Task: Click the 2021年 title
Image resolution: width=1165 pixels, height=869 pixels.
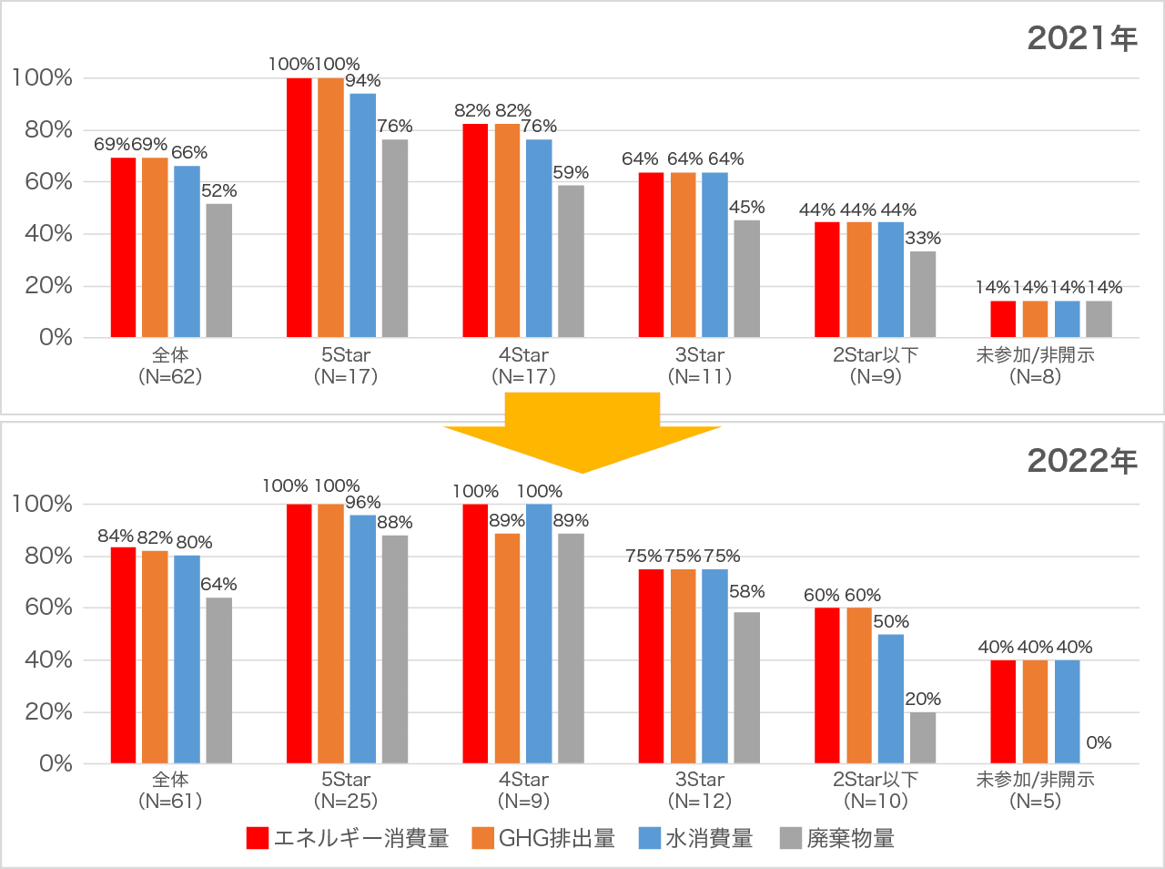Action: pyautogui.click(x=1082, y=38)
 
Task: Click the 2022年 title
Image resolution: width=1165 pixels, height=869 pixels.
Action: pyautogui.click(x=1082, y=461)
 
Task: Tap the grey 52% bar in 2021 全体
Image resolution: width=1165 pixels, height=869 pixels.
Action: pyautogui.click(x=218, y=271)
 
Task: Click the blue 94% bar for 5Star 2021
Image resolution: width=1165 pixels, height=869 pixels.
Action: pyautogui.click(x=362, y=215)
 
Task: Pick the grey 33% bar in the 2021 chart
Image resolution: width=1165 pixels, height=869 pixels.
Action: pyautogui.click(x=922, y=294)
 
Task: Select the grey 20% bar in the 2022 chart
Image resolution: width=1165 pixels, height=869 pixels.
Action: pyautogui.click(x=922, y=737)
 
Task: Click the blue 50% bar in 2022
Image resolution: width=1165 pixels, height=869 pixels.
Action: pyautogui.click(x=890, y=698)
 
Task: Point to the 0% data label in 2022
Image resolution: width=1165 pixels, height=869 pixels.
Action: pyautogui.click(x=1099, y=743)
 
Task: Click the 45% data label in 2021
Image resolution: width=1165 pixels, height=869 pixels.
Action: pyautogui.click(x=746, y=208)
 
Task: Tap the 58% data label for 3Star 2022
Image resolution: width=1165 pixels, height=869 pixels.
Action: pyautogui.click(x=746, y=592)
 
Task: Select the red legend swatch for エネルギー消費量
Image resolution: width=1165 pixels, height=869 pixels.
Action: pyautogui.click(x=258, y=838)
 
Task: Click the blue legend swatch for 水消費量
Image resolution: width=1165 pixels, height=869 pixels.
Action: pyautogui.click(x=650, y=838)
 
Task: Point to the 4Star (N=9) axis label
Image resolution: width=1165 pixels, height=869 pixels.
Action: pyautogui.click(x=523, y=791)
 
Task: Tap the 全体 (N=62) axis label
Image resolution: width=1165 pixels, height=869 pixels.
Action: pyautogui.click(x=170, y=365)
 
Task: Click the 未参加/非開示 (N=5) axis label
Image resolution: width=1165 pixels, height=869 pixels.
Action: pyautogui.click(x=1035, y=791)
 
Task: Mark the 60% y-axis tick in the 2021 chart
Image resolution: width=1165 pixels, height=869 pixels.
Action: pyautogui.click(x=42, y=182)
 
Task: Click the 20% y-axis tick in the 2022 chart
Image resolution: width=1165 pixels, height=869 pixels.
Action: pyautogui.click(x=42, y=711)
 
